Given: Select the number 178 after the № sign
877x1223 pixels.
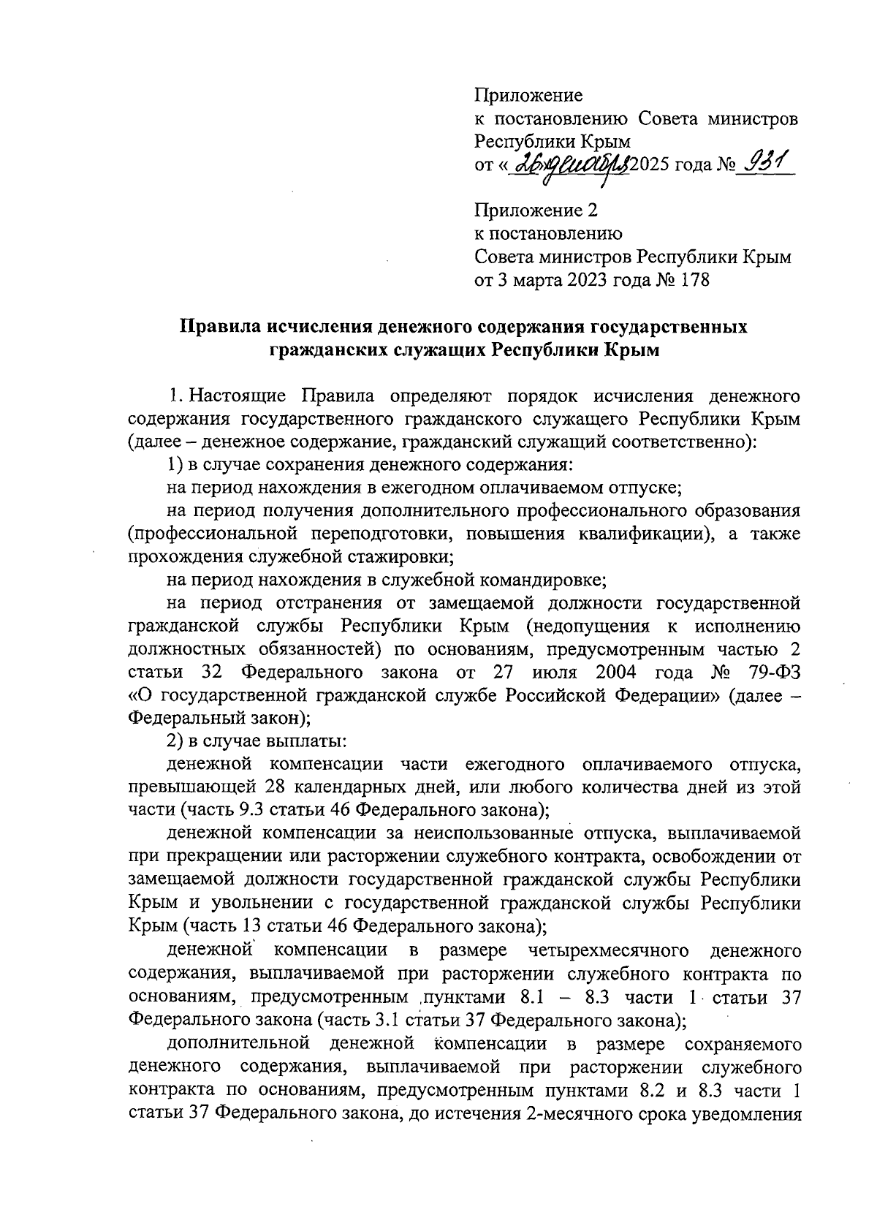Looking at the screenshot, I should [x=694, y=280].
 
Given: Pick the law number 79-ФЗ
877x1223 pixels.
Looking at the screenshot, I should [x=770, y=672].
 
